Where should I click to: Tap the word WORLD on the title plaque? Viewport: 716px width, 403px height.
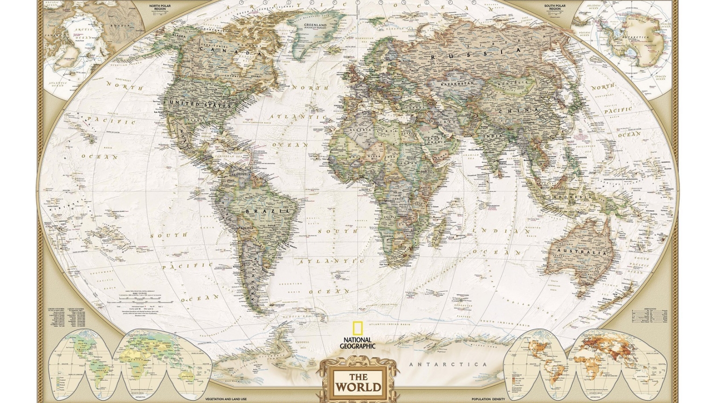(x=358, y=387)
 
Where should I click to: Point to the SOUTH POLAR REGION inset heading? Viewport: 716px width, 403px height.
(x=555, y=7)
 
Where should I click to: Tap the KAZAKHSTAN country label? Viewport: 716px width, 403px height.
(x=457, y=83)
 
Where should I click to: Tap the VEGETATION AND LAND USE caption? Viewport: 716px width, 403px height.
(x=226, y=399)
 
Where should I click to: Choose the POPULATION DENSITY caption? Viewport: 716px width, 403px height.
(x=488, y=399)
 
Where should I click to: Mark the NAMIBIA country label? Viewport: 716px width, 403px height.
(x=388, y=236)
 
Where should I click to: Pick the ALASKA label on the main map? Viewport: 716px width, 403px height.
(x=179, y=35)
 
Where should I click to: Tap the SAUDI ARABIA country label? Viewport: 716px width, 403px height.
(x=436, y=139)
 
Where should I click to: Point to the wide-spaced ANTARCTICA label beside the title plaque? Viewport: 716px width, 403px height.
(x=448, y=365)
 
